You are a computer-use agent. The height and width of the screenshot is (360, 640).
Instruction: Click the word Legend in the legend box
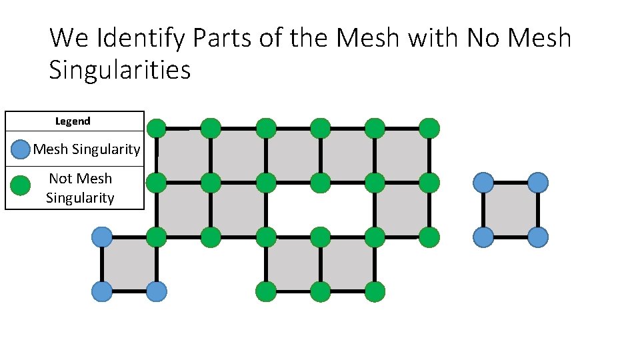73,121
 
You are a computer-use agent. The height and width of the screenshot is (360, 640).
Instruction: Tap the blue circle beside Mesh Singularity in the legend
21,149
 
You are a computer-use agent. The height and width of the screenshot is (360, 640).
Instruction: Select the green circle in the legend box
21,185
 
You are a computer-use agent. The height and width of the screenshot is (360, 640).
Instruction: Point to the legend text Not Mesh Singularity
80,188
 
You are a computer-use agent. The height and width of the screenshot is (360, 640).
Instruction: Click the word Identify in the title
141,38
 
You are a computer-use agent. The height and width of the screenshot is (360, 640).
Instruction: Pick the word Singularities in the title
120,69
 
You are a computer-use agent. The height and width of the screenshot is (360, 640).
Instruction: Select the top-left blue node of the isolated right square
483,182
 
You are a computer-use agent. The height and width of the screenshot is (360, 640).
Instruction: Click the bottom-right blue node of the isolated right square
537,237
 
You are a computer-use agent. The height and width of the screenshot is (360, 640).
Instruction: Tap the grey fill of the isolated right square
510,209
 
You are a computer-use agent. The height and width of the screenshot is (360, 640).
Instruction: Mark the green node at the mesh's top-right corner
429,127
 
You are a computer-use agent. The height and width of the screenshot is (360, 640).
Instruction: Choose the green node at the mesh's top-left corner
156,127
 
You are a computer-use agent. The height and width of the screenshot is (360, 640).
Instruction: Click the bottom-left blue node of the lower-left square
101,291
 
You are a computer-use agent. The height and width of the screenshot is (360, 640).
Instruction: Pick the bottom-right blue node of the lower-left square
156,291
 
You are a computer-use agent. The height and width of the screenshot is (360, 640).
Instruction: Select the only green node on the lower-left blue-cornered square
156,237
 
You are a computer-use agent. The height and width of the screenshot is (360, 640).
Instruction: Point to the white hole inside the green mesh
320,209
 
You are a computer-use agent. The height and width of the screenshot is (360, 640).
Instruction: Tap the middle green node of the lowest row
320,291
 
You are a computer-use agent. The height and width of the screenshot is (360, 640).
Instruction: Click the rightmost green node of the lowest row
375,291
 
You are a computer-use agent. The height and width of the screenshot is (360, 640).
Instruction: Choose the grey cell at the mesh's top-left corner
183,155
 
